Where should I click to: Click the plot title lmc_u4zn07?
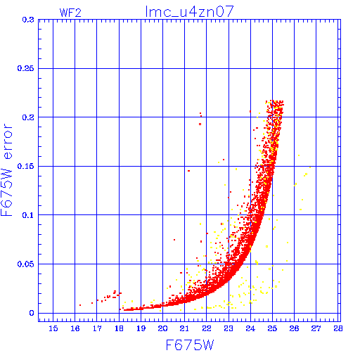[x=190, y=12]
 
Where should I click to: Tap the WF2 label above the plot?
[x=70, y=13]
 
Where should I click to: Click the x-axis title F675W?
[x=190, y=345]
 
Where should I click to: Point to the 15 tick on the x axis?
[x=53, y=328]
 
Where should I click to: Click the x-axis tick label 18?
[x=119, y=328]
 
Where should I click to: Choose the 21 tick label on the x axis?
[x=184, y=328]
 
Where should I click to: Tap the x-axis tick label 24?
[x=250, y=328]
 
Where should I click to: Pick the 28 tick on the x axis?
[x=337, y=328]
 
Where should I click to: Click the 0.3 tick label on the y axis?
[x=28, y=20]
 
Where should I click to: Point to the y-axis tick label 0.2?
[x=28, y=117]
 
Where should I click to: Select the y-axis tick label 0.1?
[x=28, y=215]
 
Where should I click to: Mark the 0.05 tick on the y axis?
[x=25, y=264]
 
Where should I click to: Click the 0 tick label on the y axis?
[x=32, y=313]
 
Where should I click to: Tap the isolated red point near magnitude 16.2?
[x=80, y=305]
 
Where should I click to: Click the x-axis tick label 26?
[x=294, y=328]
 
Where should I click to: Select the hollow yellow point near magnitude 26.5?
[x=306, y=174]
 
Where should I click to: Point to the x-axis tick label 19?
[x=141, y=328]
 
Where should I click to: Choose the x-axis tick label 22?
[x=207, y=328]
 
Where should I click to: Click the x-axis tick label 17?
[x=97, y=328]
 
